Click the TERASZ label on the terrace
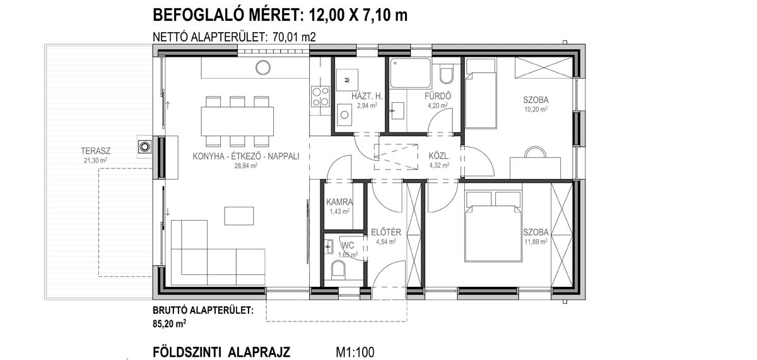[x=96, y=151]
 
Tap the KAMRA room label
[x=339, y=202]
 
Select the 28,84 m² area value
[x=246, y=165]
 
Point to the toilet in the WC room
[x=338, y=269]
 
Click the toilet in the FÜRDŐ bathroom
[x=447, y=75]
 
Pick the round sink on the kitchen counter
[x=263, y=67]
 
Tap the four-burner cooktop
[x=320, y=96]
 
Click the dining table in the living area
[x=237, y=121]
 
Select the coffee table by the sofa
[x=239, y=216]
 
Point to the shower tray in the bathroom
[x=410, y=73]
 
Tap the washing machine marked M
[x=347, y=80]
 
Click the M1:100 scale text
[x=355, y=352]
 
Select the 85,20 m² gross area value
[x=169, y=323]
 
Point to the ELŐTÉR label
[x=386, y=233]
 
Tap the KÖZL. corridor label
[x=439, y=156]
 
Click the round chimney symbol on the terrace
[x=145, y=147]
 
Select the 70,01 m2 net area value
[x=294, y=37]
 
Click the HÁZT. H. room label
[x=367, y=96]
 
